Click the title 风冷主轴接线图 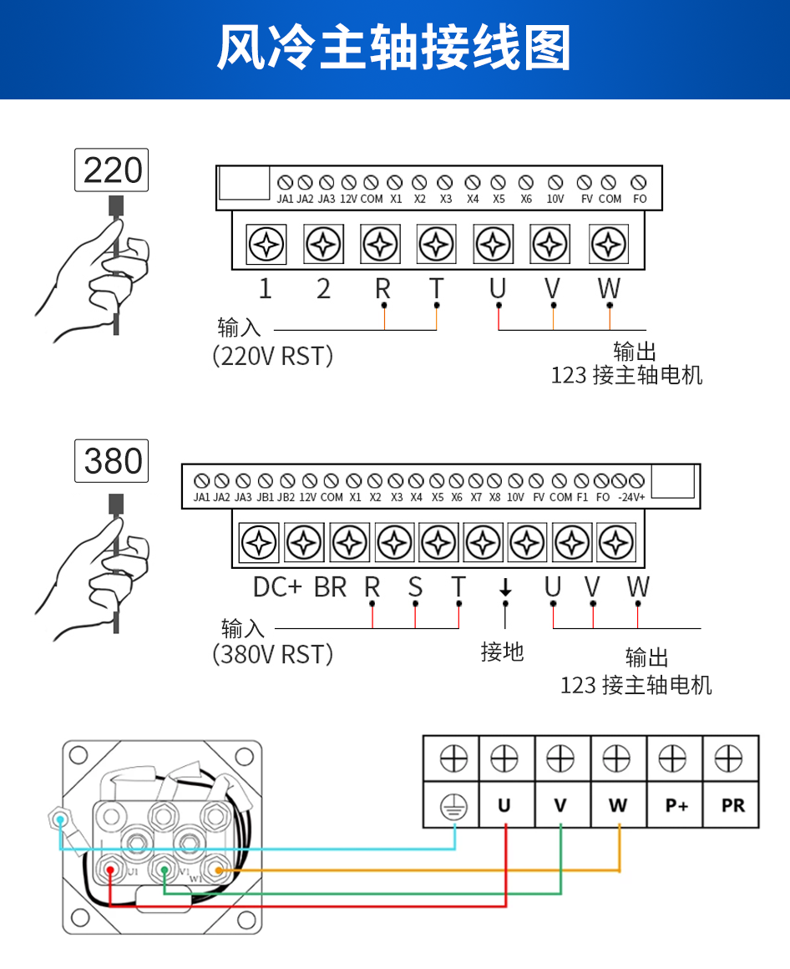click(394, 48)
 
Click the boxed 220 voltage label click(112, 170)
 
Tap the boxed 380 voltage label click(112, 460)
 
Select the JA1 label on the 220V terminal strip click(285, 200)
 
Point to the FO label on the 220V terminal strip click(640, 200)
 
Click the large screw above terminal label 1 click(266, 246)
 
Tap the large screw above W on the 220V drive click(608, 246)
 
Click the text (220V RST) click(273, 357)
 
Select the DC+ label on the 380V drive click(277, 587)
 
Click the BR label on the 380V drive click(330, 587)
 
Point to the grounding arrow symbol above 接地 click(504, 588)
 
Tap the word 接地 click(502, 652)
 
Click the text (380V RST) click(273, 654)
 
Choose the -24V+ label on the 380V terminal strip click(631, 497)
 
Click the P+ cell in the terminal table click(676, 806)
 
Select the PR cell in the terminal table click(732, 806)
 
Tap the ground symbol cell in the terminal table click(453, 806)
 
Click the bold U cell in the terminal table click(504, 806)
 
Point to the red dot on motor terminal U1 click(110, 870)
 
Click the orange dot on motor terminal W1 click(217, 870)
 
